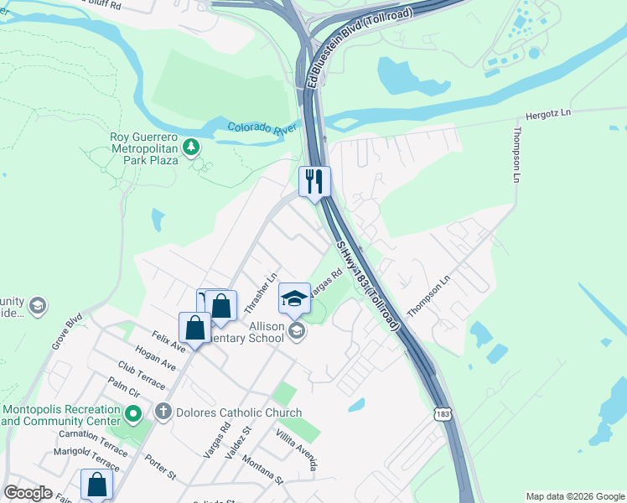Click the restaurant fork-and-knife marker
[315, 182]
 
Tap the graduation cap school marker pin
[293, 298]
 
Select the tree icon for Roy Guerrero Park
[192, 148]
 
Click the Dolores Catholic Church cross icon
[163, 412]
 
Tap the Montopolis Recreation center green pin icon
[132, 413]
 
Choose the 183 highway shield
[443, 413]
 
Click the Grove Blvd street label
[66, 331]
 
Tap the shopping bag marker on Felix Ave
[194, 327]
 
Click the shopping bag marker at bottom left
[96, 485]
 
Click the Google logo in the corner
[28, 493]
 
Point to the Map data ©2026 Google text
[575, 496]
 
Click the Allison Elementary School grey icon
[296, 333]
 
